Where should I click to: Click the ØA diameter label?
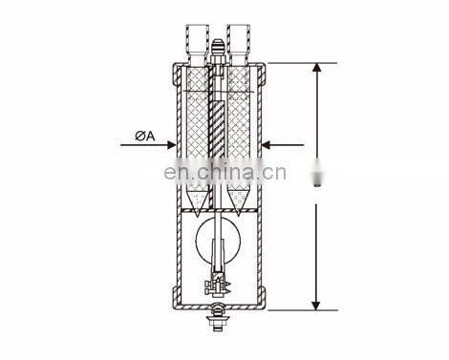pos(145,137)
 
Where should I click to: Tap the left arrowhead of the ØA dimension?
pos(171,145)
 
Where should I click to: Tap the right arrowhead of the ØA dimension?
pos(266,145)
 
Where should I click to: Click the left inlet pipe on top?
pos(198,44)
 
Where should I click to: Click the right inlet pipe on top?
pos(238,44)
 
